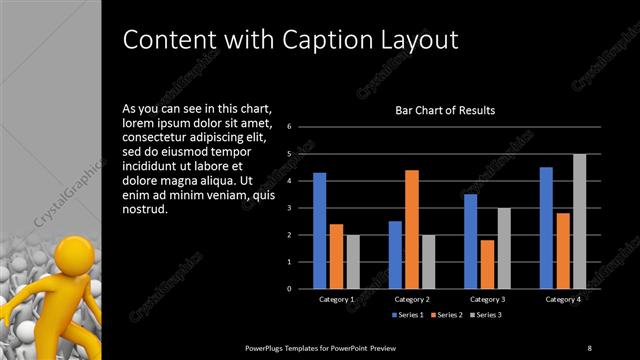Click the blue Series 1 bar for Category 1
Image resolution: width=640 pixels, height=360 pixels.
319,231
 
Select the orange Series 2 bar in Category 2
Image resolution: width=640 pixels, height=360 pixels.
411,229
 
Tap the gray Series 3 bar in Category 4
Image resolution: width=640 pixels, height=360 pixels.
579,221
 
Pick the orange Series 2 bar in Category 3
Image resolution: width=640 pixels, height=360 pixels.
487,264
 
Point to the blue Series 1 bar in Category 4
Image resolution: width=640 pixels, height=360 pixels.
546,228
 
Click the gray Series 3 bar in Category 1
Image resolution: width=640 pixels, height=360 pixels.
352,262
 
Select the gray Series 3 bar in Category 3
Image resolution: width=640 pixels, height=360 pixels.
504,248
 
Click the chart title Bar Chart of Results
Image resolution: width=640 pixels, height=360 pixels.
446,110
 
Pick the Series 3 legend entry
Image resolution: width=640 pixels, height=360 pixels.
486,315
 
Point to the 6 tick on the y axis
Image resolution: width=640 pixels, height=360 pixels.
288,127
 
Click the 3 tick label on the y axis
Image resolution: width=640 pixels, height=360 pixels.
288,208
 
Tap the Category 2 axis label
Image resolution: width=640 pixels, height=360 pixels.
411,299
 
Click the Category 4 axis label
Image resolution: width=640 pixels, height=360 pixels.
562,299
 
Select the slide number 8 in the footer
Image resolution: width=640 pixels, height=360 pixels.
589,347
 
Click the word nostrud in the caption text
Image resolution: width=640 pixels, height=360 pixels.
145,211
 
